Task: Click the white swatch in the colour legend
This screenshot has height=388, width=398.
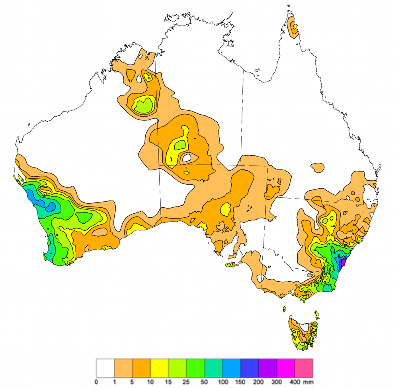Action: coord(105,368)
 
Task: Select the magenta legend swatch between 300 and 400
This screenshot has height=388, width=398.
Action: coord(285,368)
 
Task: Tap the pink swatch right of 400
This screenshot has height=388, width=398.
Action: coord(303,368)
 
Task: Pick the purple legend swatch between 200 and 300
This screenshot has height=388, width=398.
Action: coord(267,368)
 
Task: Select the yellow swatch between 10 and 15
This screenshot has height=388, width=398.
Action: coord(159,368)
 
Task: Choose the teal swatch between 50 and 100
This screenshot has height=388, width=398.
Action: coord(213,368)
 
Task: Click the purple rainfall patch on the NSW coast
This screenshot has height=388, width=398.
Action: coord(343,264)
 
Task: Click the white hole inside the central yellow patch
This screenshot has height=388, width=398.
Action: coord(186,158)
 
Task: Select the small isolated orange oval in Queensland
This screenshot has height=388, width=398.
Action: coord(317,168)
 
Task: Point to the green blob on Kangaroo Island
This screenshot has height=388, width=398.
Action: coord(229,265)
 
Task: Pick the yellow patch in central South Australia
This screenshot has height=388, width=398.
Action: coord(226,209)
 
